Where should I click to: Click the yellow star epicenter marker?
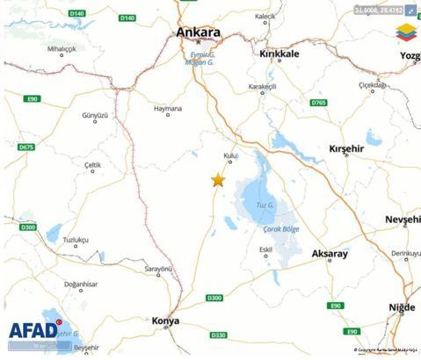(x=218, y=180)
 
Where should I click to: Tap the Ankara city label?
(x=198, y=32)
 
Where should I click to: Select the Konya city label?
(x=165, y=320)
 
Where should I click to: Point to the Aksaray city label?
(x=330, y=254)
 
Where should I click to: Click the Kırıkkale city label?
(x=280, y=54)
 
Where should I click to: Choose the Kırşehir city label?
(x=345, y=149)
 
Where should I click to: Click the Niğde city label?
(x=401, y=306)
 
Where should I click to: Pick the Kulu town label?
(x=230, y=155)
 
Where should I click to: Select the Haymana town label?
(x=167, y=110)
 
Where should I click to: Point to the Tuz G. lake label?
(x=265, y=205)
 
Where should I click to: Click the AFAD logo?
(x=35, y=330)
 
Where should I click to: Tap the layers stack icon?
(x=406, y=33)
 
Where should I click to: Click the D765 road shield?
(x=318, y=103)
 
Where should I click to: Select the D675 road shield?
(x=25, y=148)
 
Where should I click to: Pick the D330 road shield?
(x=219, y=335)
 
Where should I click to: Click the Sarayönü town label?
(x=158, y=268)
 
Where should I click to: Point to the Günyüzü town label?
(x=94, y=116)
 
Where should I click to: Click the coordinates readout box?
(x=379, y=10)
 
